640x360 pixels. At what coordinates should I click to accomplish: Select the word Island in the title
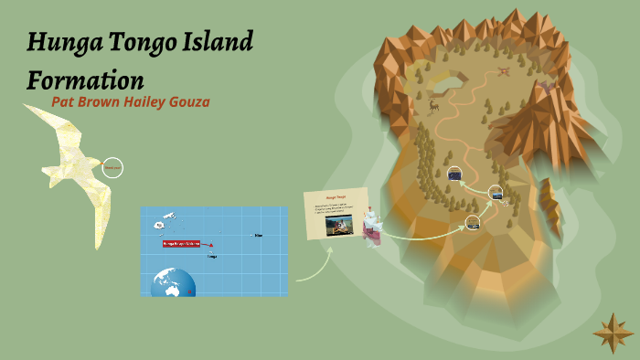[217, 42]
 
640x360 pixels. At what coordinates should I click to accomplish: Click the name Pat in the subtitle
[66, 101]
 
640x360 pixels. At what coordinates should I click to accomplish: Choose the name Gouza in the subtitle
[190, 101]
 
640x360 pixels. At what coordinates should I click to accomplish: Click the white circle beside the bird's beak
[112, 168]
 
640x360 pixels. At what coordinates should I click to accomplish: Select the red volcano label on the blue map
[182, 244]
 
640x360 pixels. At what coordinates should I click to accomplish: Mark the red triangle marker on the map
[211, 245]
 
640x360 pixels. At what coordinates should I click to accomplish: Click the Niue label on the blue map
[259, 236]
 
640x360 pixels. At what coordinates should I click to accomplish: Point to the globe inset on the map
[174, 282]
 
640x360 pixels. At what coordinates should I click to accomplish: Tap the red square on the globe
[190, 292]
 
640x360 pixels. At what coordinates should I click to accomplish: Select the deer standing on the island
[433, 105]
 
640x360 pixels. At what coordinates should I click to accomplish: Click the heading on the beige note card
[336, 196]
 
